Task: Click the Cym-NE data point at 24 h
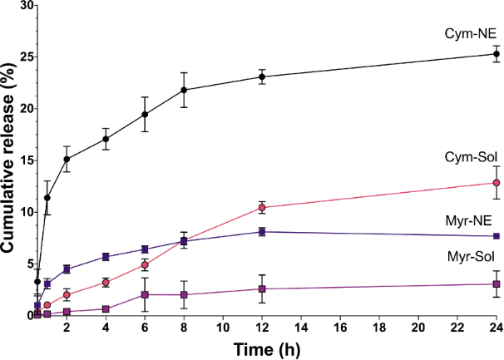click(497, 54)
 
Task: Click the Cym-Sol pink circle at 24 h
click(497, 183)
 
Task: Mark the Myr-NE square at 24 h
click(497, 236)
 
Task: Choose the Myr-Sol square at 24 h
click(497, 284)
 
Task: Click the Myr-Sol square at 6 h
click(145, 294)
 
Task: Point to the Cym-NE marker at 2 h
click(67, 159)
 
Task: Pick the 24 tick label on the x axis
click(496, 328)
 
